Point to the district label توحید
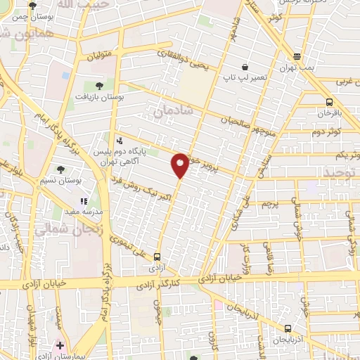point(345,172)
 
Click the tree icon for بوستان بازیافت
point(99,86)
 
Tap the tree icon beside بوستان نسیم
point(60,169)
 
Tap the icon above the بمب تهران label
point(297,56)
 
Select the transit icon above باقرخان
point(329,102)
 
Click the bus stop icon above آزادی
point(157,256)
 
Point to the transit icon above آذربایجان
point(288,328)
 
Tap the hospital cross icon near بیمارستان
point(60,345)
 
